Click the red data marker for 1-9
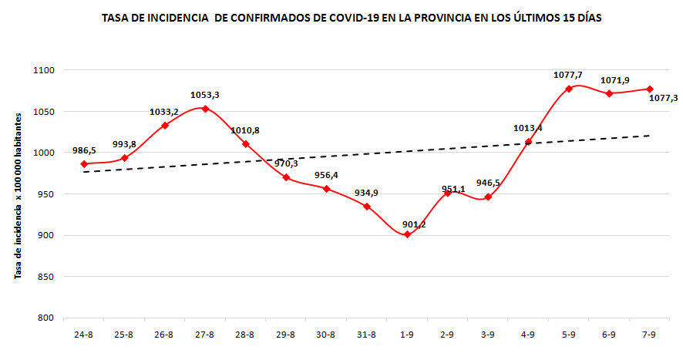(x=407, y=234)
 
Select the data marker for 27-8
(x=205, y=109)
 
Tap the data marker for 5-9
(x=569, y=89)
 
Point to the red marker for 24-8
(x=84, y=163)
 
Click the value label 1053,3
(x=205, y=95)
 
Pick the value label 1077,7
(x=568, y=75)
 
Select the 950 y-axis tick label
(x=45, y=194)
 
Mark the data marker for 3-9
(x=488, y=197)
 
